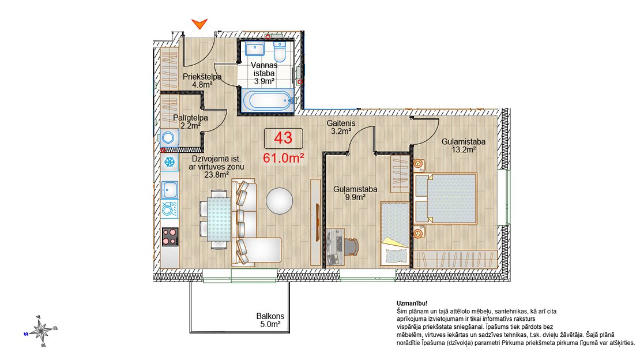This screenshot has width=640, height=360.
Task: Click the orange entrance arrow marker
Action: pos(199,24)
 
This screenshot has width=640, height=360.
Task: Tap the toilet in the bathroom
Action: pos(280,51)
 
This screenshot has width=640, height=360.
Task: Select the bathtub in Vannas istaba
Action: pos(268,100)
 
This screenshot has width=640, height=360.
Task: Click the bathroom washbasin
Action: pos(255,49)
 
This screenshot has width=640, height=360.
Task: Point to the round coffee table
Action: pos(280,201)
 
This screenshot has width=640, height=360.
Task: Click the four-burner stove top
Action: pos(170,237)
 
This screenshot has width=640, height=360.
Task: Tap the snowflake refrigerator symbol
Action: pos(170,162)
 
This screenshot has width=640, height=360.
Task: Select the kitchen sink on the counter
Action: pos(170,190)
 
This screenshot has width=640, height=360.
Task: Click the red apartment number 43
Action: pos(283,138)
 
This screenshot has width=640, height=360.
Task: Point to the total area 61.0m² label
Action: pos(283,157)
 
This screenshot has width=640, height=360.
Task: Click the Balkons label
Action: pos(270,316)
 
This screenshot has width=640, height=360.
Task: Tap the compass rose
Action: pos(41,331)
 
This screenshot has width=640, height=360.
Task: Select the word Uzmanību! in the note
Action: pos(412,303)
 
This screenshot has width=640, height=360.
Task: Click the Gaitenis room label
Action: pos(341,123)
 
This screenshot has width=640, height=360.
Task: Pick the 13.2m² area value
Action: pos(464,149)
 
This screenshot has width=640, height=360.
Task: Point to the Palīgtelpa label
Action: pos(190,118)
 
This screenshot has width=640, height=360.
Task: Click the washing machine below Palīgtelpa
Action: pos(169,138)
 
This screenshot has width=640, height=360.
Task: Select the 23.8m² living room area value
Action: pos(216,174)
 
